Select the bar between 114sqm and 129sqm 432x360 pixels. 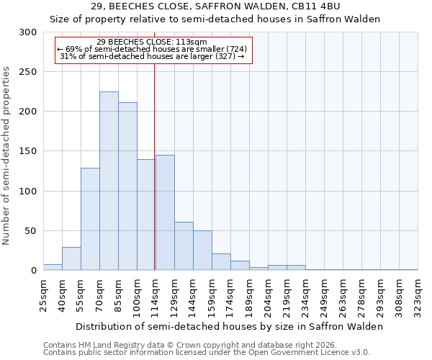[x=165, y=212]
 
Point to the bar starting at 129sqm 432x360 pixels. [x=184, y=246]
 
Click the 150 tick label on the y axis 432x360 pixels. [x=28, y=152]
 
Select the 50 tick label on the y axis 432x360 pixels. [x=31, y=231]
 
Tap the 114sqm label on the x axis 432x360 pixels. [x=155, y=294]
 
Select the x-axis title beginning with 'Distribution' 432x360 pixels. [x=229, y=326]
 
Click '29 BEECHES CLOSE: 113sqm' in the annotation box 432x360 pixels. [x=152, y=42]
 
